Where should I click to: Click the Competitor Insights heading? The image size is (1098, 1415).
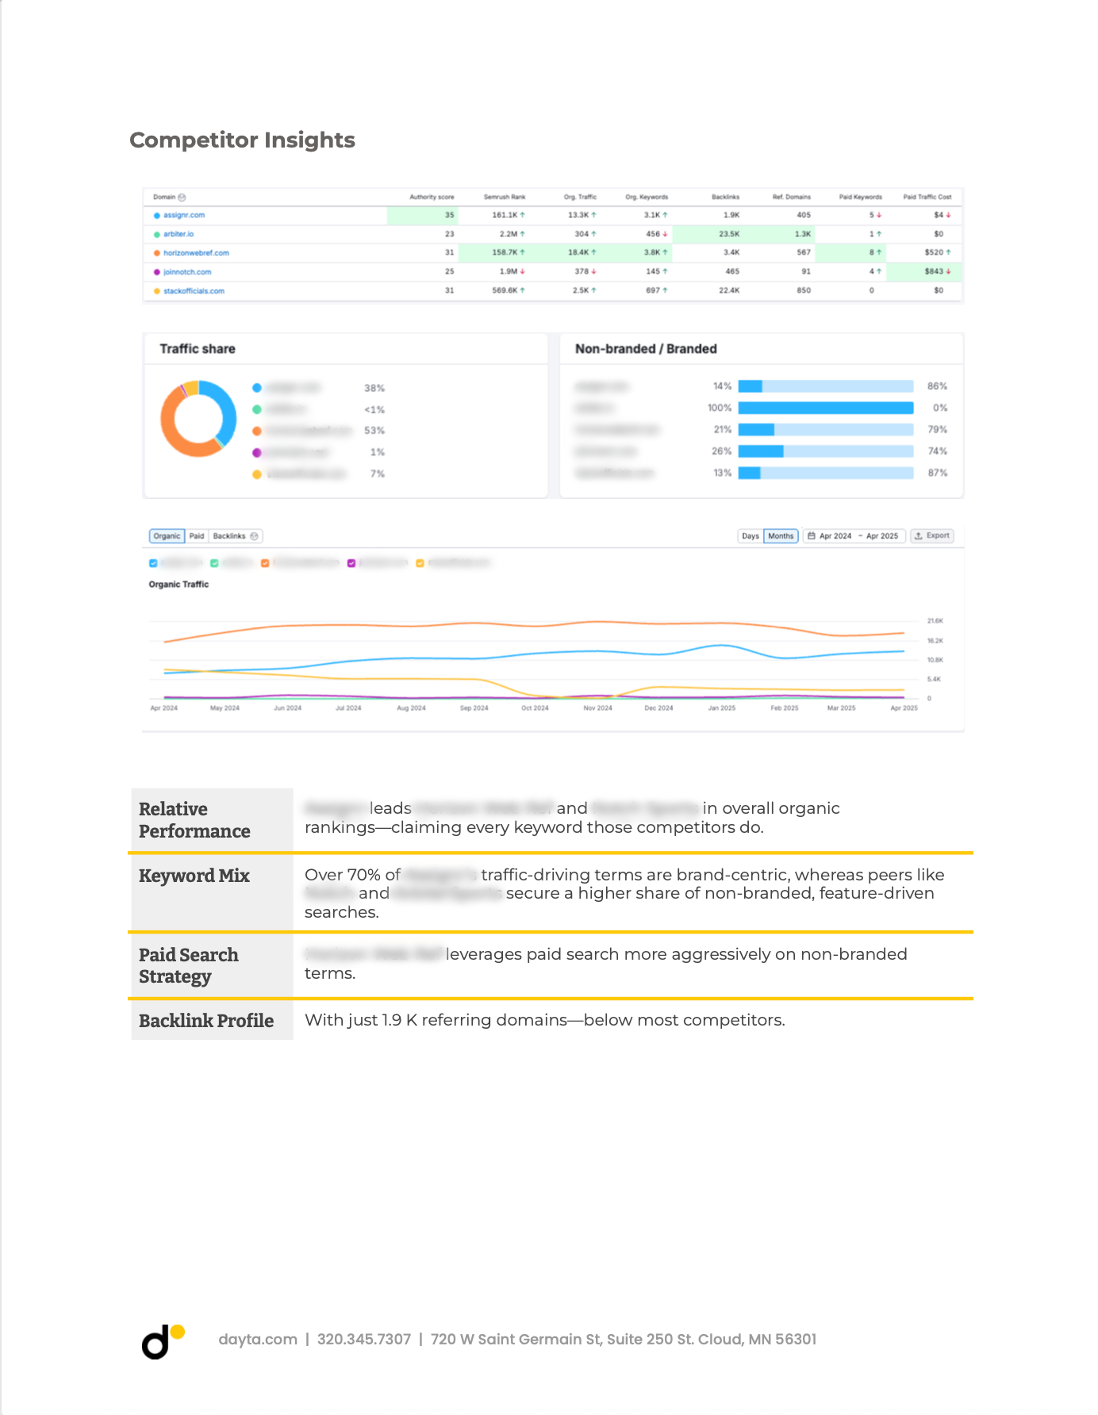[242, 140]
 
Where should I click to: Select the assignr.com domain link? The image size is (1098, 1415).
[183, 215]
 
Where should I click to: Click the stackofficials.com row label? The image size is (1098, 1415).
[194, 291]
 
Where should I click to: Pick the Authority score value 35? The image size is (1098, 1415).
[449, 215]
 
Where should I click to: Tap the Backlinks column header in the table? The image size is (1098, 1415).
[725, 197]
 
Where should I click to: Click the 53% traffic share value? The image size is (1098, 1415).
[374, 431]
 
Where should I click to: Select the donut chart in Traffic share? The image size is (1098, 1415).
[198, 419]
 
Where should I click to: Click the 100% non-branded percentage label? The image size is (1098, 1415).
[719, 408]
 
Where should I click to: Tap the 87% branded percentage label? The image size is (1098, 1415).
[937, 473]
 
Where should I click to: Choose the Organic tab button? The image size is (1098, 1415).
[167, 536]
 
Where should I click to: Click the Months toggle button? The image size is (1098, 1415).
[781, 536]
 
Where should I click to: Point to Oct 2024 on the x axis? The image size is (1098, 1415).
[535, 707]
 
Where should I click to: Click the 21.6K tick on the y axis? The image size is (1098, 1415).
[935, 621]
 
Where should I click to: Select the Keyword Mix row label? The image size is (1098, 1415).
[194, 876]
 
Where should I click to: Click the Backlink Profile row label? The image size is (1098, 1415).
[206, 1021]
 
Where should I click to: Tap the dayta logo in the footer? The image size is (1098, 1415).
[162, 1341]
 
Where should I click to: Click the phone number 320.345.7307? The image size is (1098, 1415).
[364, 1340]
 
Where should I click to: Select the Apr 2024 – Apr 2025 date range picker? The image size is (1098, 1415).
[854, 536]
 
